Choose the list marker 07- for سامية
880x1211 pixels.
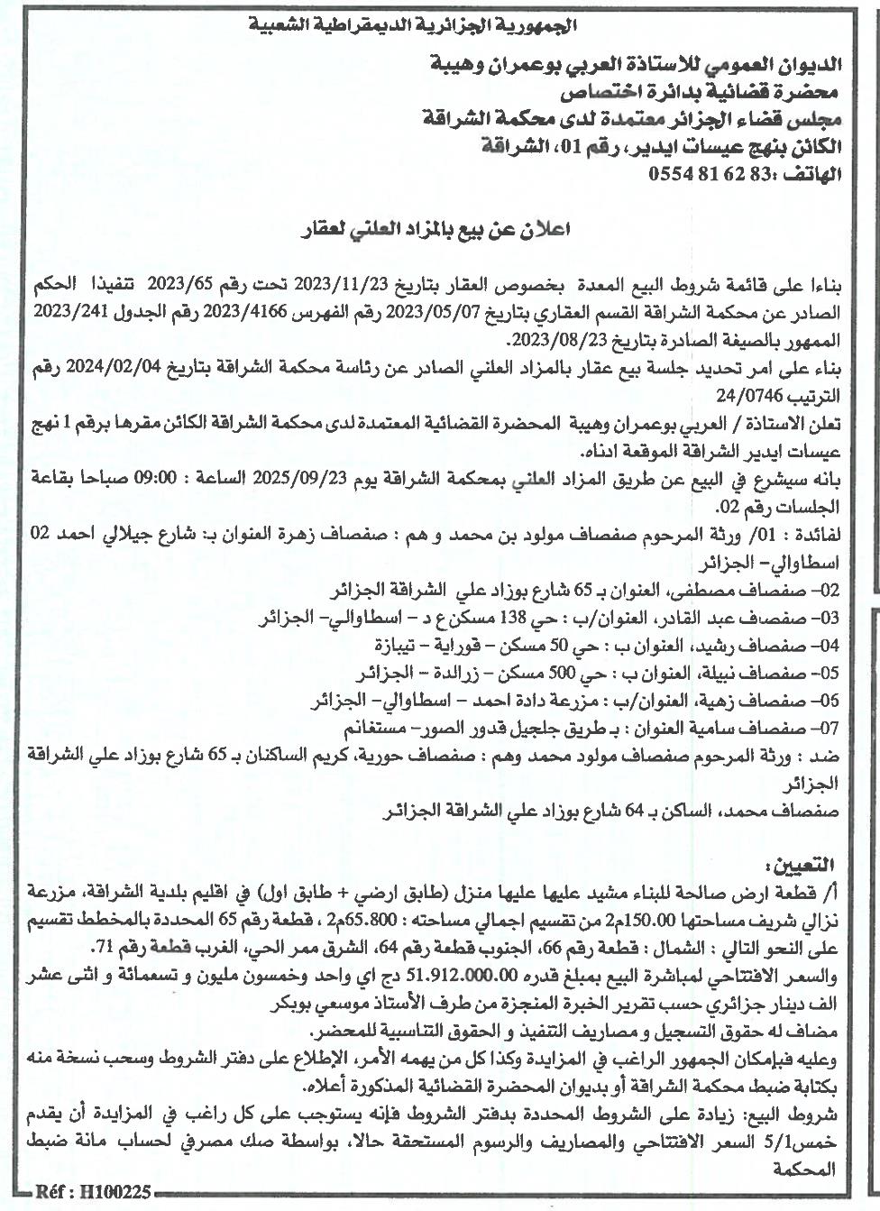pos(826,727)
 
